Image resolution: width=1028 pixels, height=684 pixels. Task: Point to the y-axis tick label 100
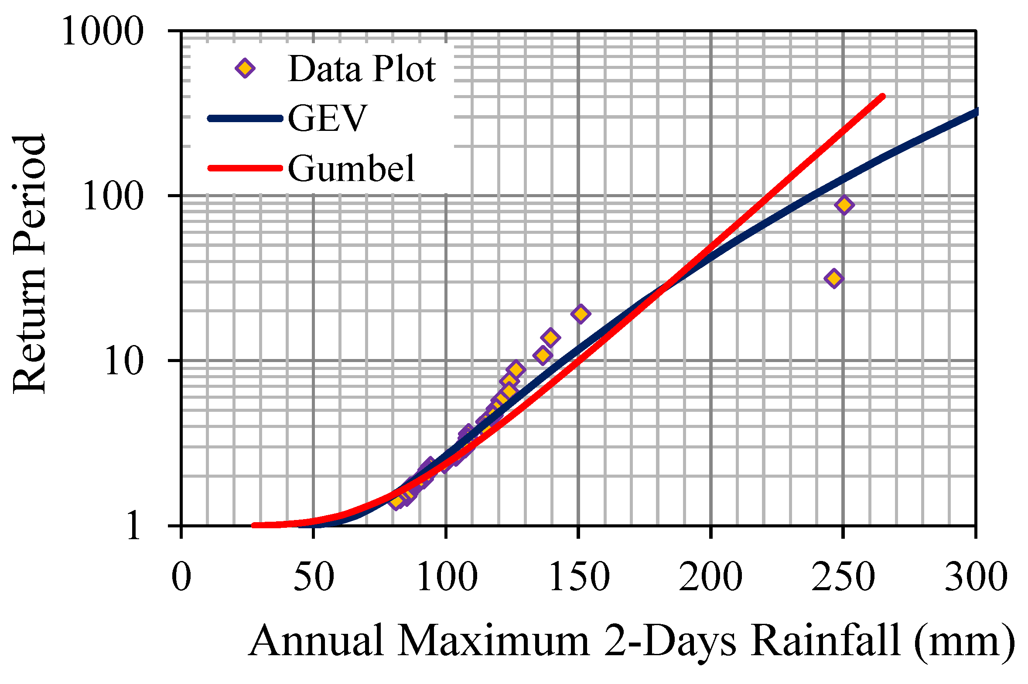click(x=113, y=196)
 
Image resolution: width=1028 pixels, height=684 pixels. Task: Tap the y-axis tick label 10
click(x=124, y=361)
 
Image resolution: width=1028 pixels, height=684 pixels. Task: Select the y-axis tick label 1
click(x=134, y=527)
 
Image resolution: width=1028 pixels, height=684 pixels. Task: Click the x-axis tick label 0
click(x=181, y=577)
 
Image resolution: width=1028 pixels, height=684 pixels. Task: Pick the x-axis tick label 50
click(x=314, y=577)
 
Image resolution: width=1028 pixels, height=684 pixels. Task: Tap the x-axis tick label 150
click(x=579, y=577)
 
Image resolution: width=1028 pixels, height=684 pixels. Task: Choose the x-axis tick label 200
click(x=711, y=577)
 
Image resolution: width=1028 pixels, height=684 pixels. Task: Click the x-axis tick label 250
click(x=844, y=577)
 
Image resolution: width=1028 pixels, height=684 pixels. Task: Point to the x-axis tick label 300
click(x=976, y=577)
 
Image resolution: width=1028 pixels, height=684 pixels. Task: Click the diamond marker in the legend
click(x=245, y=68)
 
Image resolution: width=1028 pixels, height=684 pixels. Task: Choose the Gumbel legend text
click(x=351, y=168)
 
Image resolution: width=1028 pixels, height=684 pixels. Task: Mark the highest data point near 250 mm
click(x=844, y=205)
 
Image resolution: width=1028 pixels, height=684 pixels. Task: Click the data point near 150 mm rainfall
click(x=581, y=314)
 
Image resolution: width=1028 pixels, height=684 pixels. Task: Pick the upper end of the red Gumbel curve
click(x=882, y=96)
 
